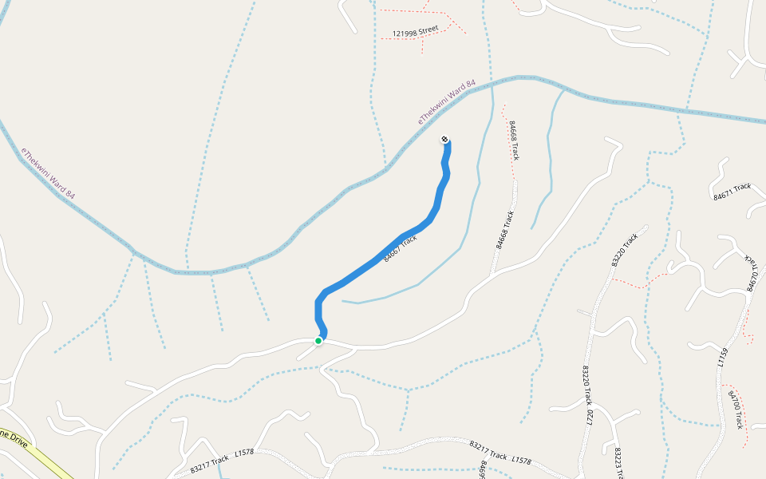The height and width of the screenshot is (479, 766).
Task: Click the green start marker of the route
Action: coord(318,341)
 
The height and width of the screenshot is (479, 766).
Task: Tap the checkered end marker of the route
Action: coord(444,140)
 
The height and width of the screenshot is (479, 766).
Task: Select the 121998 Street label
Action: coord(415,31)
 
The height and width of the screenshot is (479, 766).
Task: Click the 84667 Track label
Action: coord(400,248)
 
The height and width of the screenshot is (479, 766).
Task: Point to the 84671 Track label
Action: coord(732,191)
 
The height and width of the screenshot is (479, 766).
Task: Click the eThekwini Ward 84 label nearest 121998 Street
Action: coord(447,101)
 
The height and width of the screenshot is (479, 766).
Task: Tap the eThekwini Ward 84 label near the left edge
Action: coord(49,174)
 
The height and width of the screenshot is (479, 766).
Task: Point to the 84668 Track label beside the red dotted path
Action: coord(513,141)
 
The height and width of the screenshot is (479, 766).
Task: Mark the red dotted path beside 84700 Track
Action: coord(743,399)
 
